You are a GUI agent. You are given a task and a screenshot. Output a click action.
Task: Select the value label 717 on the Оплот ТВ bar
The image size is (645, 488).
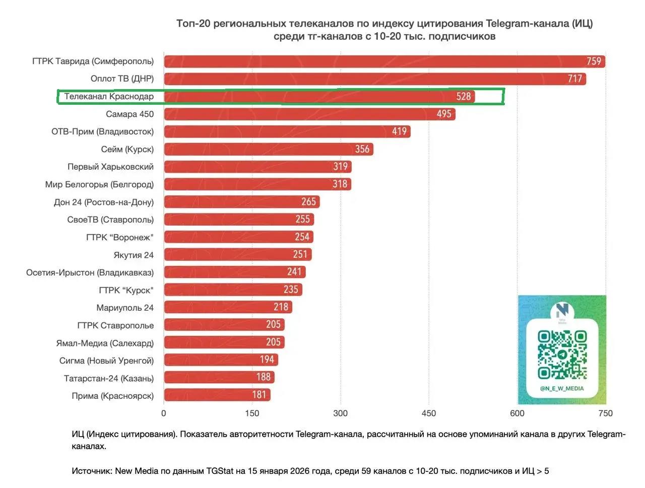tap(574, 79)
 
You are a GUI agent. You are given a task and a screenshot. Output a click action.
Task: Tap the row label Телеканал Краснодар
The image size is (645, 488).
tap(109, 96)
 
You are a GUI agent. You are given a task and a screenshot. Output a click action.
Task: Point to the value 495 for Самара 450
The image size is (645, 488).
tap(444, 114)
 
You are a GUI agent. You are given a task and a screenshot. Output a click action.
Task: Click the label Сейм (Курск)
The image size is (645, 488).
tap(127, 149)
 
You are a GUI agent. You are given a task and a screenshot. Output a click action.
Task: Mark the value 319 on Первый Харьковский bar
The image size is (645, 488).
tap(340, 167)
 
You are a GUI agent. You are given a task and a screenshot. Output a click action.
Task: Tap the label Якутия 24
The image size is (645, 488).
tap(134, 255)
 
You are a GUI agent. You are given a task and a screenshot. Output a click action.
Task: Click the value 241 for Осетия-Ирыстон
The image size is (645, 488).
tap(294, 272)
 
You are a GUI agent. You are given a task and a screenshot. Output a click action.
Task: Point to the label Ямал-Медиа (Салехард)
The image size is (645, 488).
tap(105, 343)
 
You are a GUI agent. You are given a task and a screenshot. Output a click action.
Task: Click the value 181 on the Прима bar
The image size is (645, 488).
tap(259, 395)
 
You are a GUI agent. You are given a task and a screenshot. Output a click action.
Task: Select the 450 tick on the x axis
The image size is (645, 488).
tap(429, 413)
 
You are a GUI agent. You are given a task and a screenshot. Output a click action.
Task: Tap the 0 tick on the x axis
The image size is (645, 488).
tap(164, 413)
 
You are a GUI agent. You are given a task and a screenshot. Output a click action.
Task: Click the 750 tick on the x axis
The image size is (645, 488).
tap(605, 413)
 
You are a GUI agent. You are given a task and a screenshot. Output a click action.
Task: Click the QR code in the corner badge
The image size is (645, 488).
tap(562, 355)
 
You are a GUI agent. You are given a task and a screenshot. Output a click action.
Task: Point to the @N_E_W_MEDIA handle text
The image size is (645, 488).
tap(562, 388)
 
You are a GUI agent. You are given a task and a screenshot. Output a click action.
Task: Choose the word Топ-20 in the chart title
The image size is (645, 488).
tap(193, 24)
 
